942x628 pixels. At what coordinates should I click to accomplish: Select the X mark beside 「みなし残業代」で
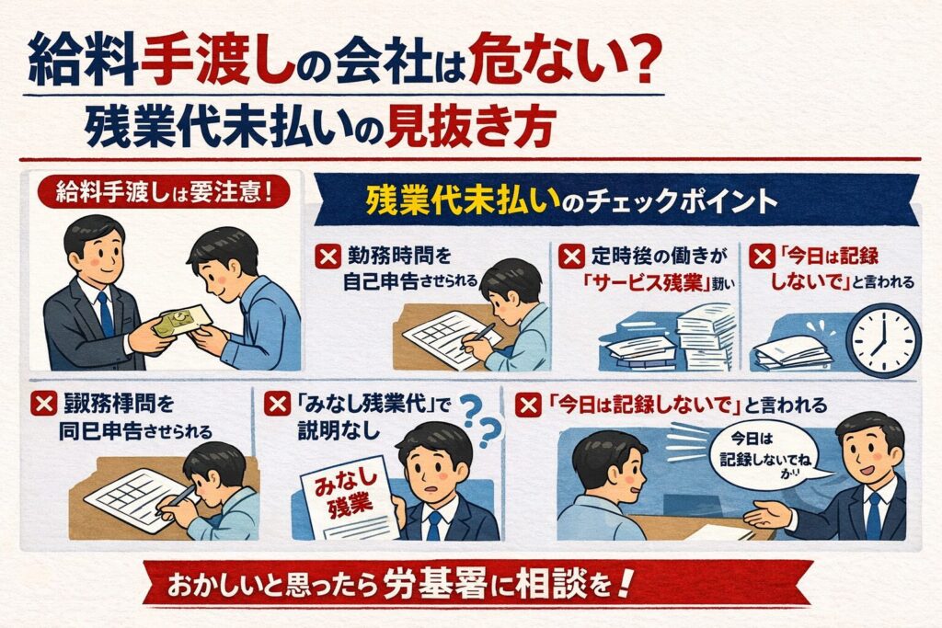point(276,405)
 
